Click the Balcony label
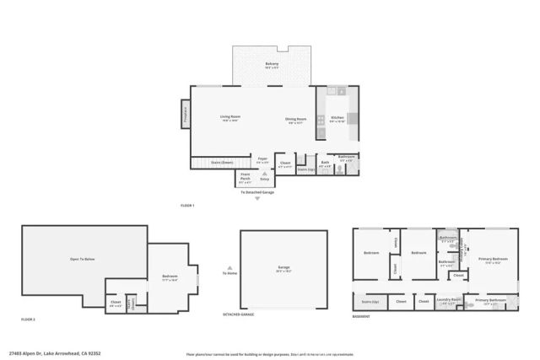coord(272,65)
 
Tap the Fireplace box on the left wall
coord(186,116)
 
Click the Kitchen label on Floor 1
coord(337,119)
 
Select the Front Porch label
coord(246,179)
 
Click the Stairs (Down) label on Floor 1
coord(222,163)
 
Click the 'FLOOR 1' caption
coord(187,206)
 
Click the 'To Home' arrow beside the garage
coord(229,264)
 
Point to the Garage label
coord(283,270)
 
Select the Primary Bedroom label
coord(492,261)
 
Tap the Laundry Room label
coord(450,300)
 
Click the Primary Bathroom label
coord(489,300)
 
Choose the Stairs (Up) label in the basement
coord(370,301)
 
